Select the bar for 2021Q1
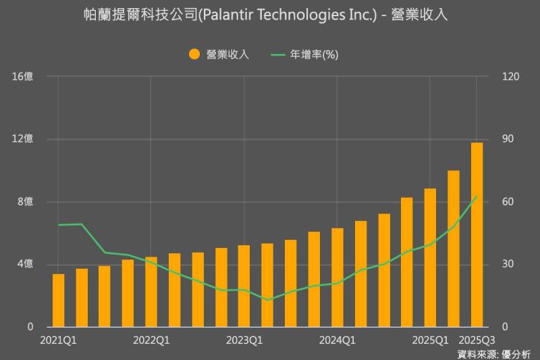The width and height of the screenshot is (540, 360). click(59, 300)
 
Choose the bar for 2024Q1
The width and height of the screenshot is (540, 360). click(337, 277)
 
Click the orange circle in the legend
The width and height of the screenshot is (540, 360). click(194, 55)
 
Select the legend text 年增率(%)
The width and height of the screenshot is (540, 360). click(314, 55)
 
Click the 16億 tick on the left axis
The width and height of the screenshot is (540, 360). click(22, 77)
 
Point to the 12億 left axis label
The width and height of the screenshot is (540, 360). click(22, 139)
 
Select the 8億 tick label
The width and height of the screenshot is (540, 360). click(25, 202)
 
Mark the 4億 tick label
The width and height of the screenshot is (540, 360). click(25, 264)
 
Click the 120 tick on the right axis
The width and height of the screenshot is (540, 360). click(508, 77)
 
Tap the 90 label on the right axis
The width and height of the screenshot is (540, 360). click(506, 139)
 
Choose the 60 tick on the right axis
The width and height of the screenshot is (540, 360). click(506, 202)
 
